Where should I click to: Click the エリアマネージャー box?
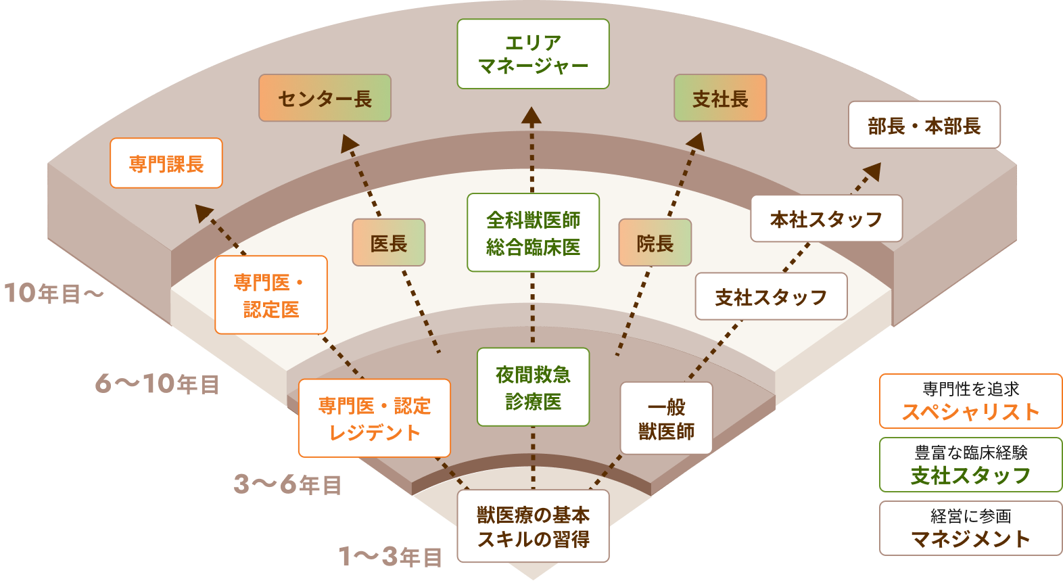coord(533,54)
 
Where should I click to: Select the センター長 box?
coord(325,98)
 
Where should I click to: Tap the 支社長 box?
coord(720,98)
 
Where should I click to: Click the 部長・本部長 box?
coord(924,125)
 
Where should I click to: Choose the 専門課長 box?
coord(166,163)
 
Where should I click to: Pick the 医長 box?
coord(388,243)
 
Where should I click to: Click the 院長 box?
coord(655,243)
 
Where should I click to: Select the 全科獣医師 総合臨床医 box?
coord(533,233)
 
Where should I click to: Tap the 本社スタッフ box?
coord(826,218)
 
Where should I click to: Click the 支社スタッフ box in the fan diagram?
coord(771,296)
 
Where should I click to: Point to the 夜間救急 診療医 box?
coord(533,387)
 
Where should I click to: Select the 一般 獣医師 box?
coord(666,418)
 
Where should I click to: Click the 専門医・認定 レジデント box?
coord(374,418)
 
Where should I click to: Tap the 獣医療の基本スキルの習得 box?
coord(533,526)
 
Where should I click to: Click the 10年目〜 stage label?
coord(54,294)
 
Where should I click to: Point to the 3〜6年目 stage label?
coord(287,484)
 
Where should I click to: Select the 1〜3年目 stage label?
coord(391,557)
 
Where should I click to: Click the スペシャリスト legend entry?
coord(970,401)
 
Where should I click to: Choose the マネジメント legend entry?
coord(970,528)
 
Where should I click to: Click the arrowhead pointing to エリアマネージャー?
coord(531,116)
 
